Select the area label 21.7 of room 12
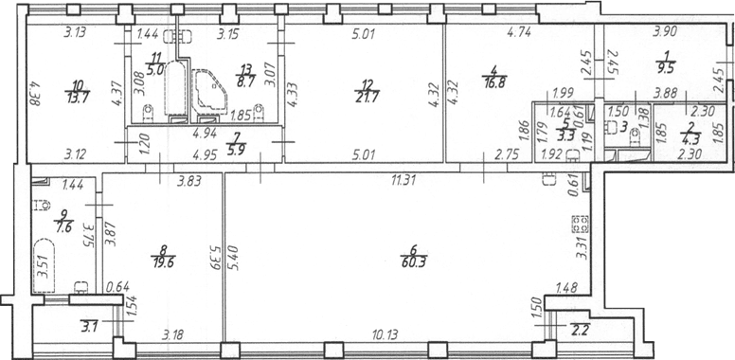(x=367, y=97)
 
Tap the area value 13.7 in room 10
(x=78, y=97)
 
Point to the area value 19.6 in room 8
(x=163, y=262)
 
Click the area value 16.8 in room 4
(x=494, y=83)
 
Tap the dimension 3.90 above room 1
(x=664, y=33)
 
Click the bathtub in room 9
(x=45, y=266)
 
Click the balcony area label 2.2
(x=578, y=327)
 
